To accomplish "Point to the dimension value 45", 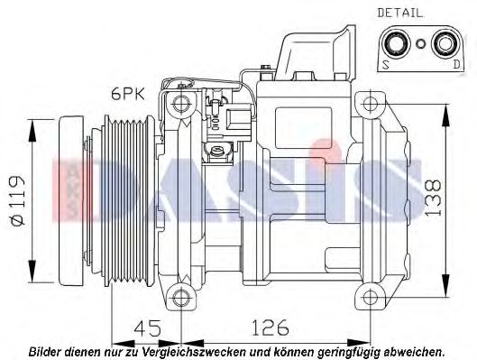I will click(135, 326).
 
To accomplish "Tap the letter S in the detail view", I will click(385, 64).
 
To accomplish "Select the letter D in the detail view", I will click(456, 64).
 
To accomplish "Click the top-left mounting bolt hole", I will click(180, 100).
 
